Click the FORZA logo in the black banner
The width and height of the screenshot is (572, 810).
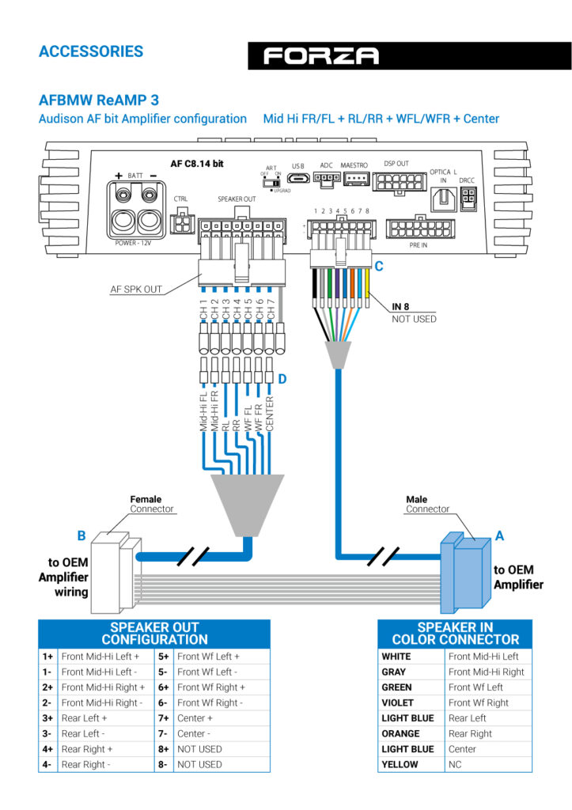[x=321, y=56]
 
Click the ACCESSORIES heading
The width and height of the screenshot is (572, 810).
[x=91, y=51]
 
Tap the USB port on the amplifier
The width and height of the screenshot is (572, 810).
[x=298, y=179]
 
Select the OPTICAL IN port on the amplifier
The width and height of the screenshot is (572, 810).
[x=444, y=199]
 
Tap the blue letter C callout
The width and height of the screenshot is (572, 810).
[x=379, y=266]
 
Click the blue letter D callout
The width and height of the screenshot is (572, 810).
[x=282, y=379]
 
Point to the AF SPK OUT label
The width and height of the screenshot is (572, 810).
[x=136, y=290]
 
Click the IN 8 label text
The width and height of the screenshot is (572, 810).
[x=400, y=306]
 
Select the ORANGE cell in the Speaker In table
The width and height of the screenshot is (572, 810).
[x=400, y=733]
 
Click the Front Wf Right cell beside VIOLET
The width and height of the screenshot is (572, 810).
[x=479, y=702]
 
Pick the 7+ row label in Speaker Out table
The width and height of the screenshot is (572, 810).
[x=163, y=718]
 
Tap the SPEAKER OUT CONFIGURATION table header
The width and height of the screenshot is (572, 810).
[x=154, y=634]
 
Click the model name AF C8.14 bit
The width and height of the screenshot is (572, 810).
[x=197, y=164]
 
